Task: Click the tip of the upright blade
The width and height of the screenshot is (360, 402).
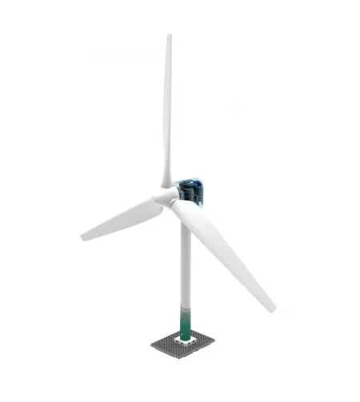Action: (169, 36)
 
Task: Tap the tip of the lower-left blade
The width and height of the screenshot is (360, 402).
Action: (83, 237)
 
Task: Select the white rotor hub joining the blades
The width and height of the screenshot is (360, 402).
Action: (165, 197)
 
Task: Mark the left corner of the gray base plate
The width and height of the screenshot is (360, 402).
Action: (151, 345)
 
